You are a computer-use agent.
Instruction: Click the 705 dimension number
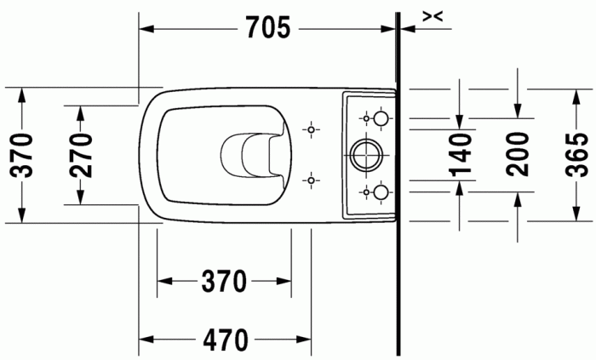point(268,28)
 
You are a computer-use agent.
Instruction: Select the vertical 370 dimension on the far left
point(22,155)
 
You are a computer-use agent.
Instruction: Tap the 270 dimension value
point(79,155)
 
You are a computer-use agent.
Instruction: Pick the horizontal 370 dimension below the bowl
point(225,280)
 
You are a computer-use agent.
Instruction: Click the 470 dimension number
point(225,340)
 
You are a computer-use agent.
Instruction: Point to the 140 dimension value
point(460,154)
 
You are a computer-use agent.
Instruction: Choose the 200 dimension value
point(517,154)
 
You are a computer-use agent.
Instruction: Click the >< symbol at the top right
point(433,15)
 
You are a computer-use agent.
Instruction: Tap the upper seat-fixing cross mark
point(312,129)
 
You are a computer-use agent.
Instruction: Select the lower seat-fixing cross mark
point(312,180)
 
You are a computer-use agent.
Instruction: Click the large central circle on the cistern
point(367,154)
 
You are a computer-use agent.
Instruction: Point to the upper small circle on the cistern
point(381,117)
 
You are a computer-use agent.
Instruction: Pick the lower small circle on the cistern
point(381,191)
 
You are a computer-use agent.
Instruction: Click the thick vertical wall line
point(398,255)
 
